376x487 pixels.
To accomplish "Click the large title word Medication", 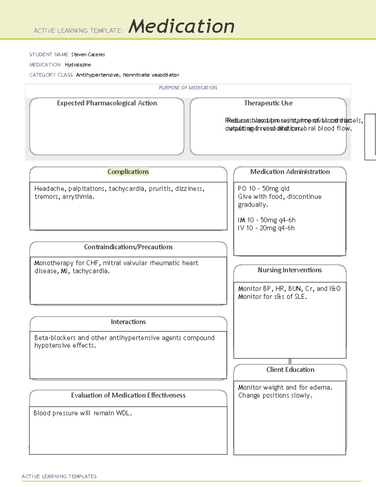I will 181,26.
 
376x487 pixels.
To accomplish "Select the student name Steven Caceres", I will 88,55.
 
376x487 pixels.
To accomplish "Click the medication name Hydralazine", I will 78,65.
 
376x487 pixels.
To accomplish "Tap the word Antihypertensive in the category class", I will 97,75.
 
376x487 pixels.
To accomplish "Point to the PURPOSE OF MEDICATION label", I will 188,88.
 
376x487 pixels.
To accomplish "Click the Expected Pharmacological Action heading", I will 107,103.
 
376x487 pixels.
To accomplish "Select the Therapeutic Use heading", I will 268,103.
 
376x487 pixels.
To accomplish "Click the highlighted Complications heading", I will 128,172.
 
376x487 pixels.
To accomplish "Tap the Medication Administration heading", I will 290,172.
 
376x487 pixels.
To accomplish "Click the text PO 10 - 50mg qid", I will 264,189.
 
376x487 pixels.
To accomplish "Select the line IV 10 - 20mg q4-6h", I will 266,228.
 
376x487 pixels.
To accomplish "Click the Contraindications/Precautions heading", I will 128,247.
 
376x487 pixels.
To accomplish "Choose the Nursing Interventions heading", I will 290,270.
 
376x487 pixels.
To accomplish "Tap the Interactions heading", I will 128,322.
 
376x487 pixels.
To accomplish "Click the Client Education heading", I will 290,370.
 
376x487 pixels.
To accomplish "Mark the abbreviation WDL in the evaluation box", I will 123,413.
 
